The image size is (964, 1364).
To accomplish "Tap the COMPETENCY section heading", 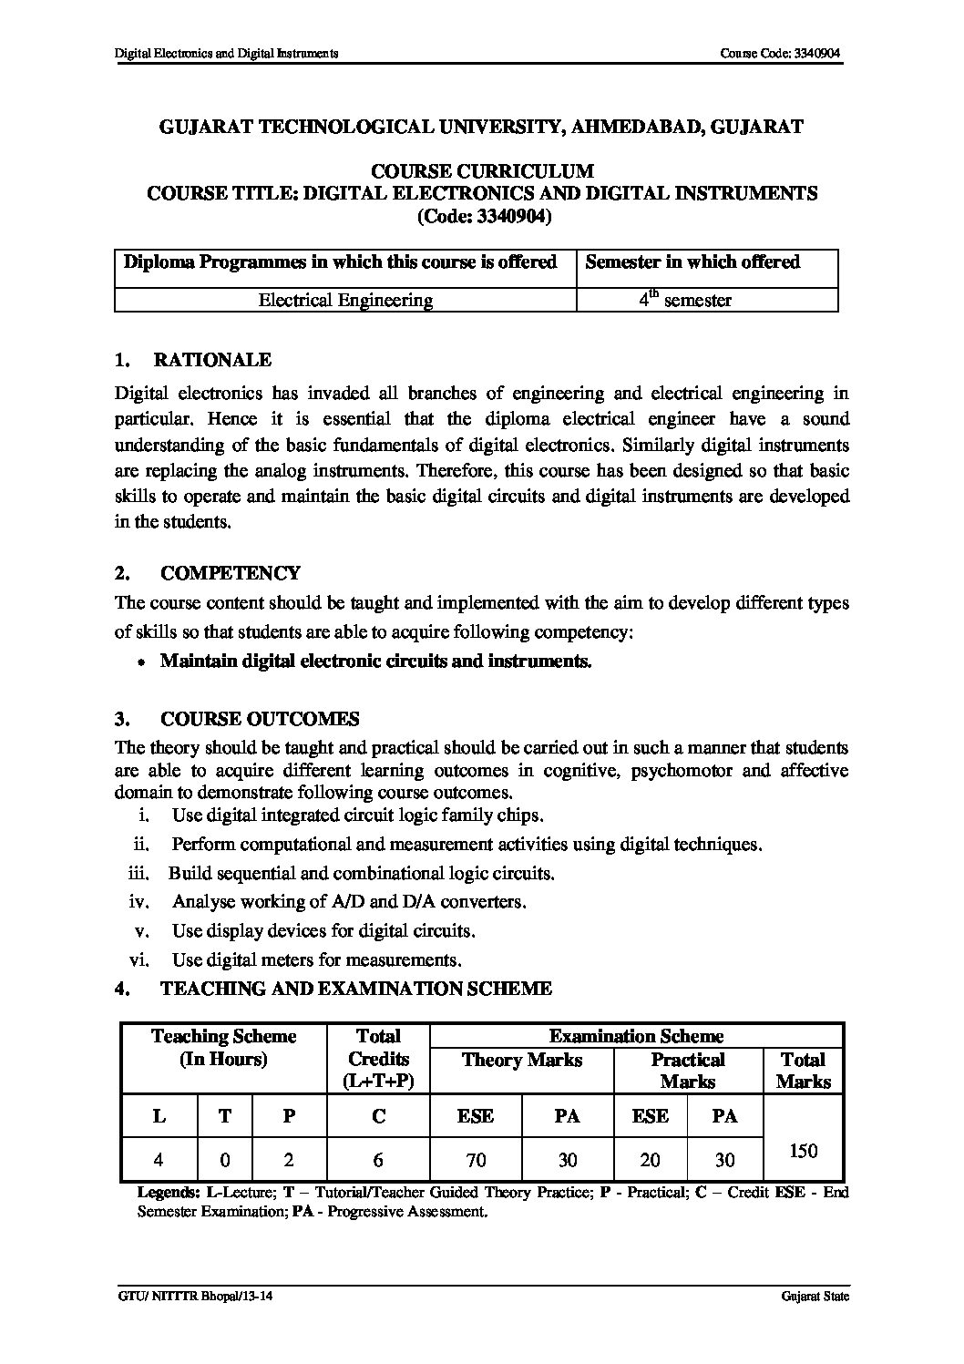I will (230, 573).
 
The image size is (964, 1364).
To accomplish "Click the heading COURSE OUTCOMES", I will (260, 719).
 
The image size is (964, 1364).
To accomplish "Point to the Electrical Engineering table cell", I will (345, 300).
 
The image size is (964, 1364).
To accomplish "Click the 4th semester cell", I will (684, 299).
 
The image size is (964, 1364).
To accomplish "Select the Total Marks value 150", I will (803, 1151).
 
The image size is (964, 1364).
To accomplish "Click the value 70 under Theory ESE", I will (476, 1160).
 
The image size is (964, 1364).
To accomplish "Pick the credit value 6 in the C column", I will (377, 1160).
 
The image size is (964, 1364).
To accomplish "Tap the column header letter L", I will (159, 1116).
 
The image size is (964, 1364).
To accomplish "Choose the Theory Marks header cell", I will (521, 1060).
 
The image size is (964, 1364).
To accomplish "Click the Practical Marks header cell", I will (688, 1071).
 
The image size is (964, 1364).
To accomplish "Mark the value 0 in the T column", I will (224, 1160).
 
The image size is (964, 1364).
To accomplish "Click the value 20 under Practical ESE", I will (650, 1160).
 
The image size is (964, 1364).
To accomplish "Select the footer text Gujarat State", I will (815, 1297).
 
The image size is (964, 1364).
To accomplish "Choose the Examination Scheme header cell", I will (636, 1036).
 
